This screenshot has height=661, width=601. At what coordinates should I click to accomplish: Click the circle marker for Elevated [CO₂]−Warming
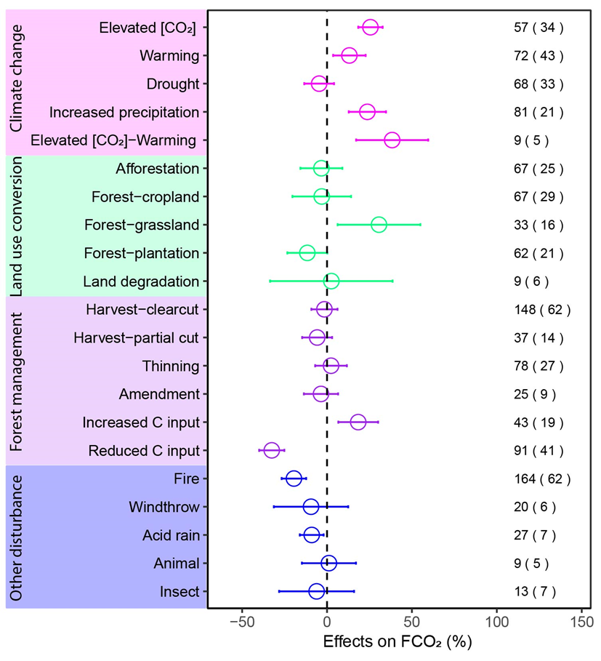392,140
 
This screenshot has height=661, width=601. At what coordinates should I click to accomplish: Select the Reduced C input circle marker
272,451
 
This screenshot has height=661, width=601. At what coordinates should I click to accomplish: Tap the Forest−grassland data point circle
379,225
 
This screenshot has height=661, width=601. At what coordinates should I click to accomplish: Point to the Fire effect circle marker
294,478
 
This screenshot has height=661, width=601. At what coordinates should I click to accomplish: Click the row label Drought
172,84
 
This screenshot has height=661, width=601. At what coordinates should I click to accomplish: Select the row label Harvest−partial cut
137,338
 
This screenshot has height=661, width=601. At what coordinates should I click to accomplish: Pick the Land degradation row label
141,281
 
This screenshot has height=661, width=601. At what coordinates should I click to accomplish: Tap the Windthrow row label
164,507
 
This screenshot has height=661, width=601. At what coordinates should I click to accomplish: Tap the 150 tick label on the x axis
581,622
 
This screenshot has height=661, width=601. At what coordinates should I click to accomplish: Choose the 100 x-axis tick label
497,622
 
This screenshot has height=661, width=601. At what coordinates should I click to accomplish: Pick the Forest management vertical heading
17,380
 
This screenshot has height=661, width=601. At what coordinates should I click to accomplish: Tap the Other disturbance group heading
17,538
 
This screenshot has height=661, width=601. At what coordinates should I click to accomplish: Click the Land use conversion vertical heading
17,225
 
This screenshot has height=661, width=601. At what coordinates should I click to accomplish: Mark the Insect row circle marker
317,591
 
